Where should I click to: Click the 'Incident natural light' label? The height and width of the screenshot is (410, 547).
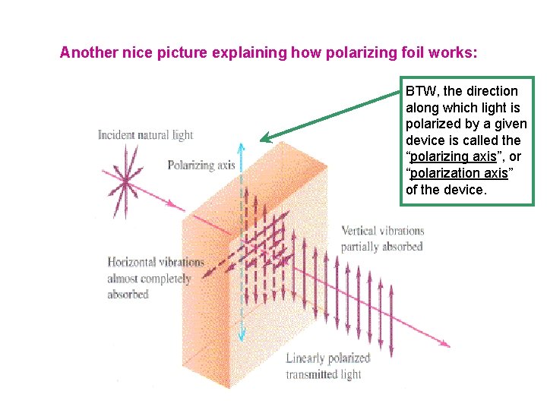coord(146,135)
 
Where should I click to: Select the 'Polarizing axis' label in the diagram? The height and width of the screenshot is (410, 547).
coord(201,165)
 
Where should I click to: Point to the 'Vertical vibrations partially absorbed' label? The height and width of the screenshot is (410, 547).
coord(382,238)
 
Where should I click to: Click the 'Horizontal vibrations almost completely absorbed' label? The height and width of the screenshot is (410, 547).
coord(155,278)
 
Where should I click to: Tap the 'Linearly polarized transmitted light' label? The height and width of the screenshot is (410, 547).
coord(327,366)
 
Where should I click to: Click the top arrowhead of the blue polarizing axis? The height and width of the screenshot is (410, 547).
coord(242,147)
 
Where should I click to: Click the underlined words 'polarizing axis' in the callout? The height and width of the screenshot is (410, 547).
coord(453,156)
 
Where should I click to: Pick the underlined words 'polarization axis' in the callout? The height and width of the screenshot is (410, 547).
coord(458,173)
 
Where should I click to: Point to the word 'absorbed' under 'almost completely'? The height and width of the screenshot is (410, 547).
coord(128,295)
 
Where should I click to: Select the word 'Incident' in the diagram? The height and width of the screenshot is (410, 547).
coord(115,135)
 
